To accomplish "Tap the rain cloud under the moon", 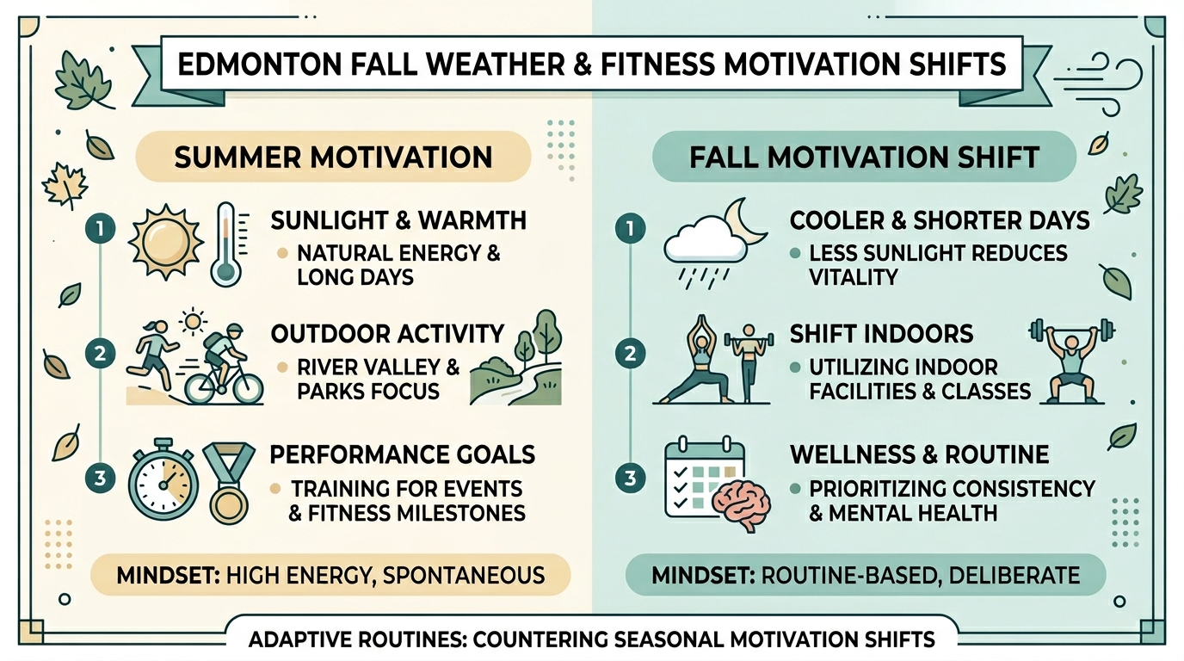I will [706, 243].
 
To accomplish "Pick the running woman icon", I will [156, 357].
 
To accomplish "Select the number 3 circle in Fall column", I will [632, 479].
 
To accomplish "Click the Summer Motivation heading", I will [333, 158].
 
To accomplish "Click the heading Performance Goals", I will [403, 454].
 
